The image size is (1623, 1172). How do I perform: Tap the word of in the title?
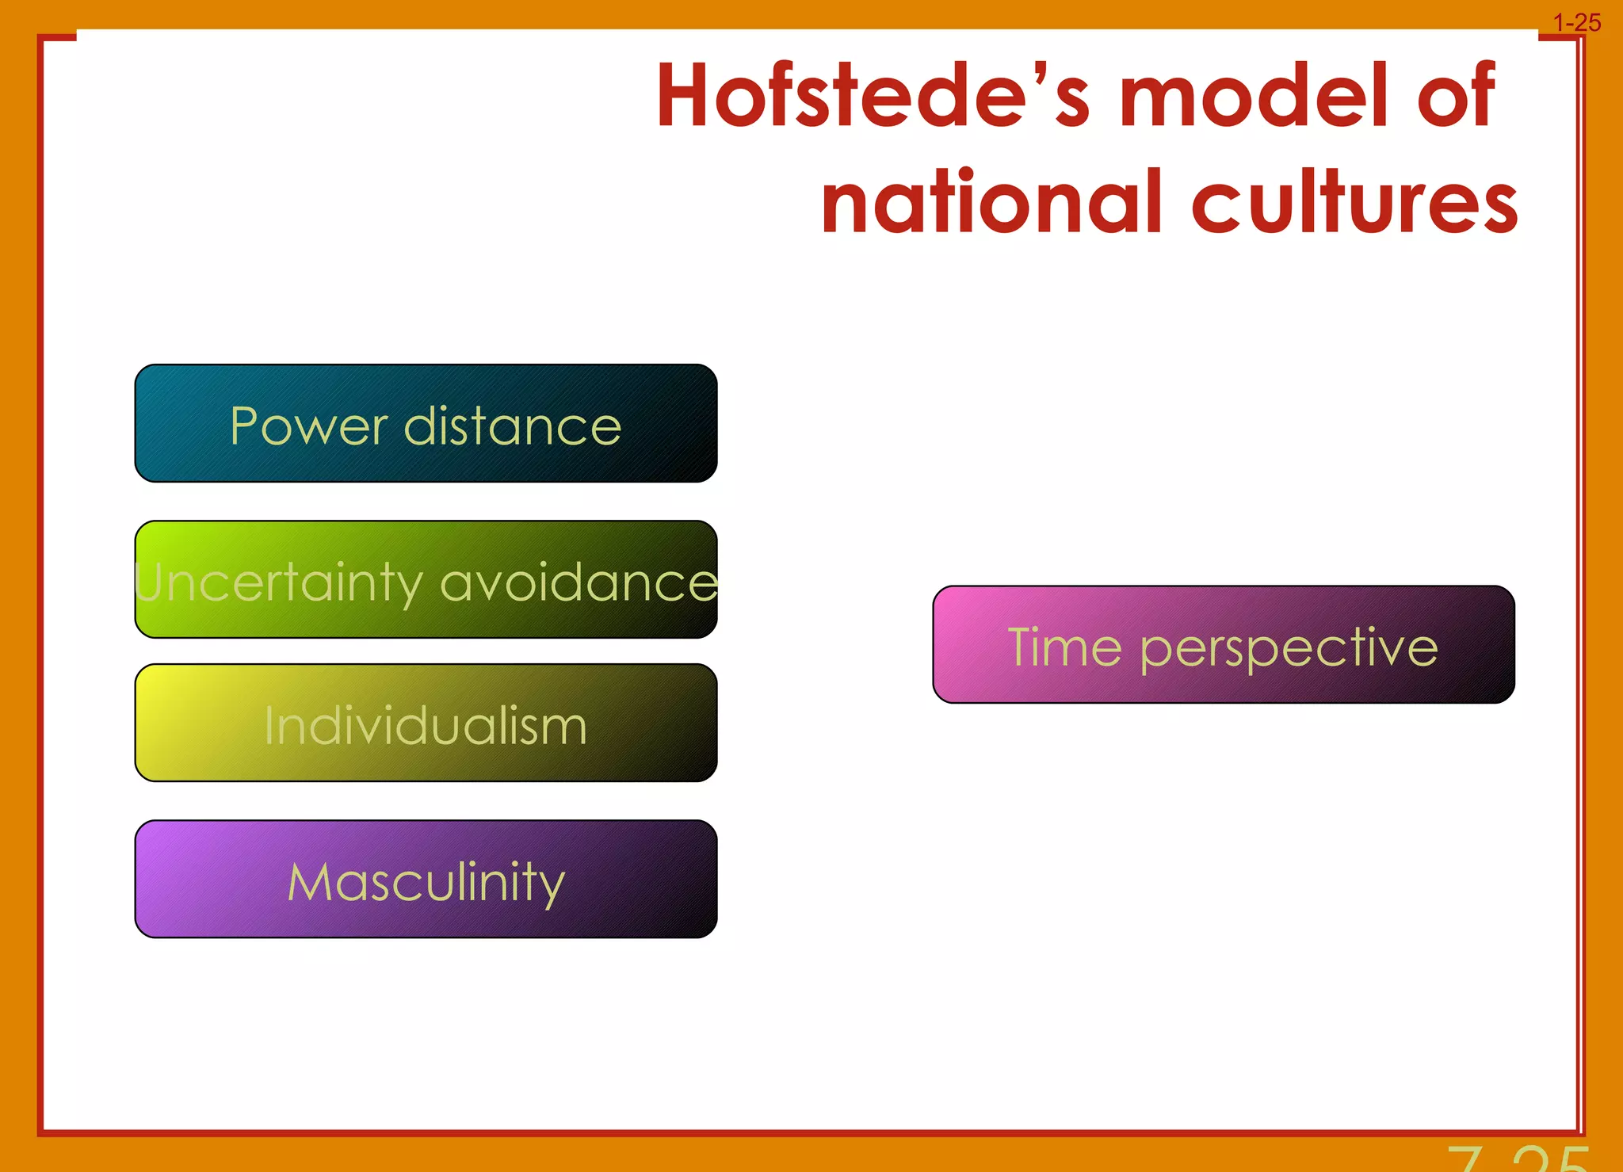tap(1455, 95)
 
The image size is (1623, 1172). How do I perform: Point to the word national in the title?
tap(991, 203)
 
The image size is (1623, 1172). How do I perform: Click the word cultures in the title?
tap(1354, 203)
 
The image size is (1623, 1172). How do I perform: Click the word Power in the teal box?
tap(308, 426)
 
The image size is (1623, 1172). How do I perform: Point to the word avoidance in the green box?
tap(579, 583)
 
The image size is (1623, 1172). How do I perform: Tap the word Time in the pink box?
tap(1064, 647)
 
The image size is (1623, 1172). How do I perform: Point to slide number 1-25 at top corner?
tap(1576, 23)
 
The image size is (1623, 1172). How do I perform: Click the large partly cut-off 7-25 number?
tap(1518, 1159)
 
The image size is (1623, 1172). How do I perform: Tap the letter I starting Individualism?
tap(269, 725)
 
